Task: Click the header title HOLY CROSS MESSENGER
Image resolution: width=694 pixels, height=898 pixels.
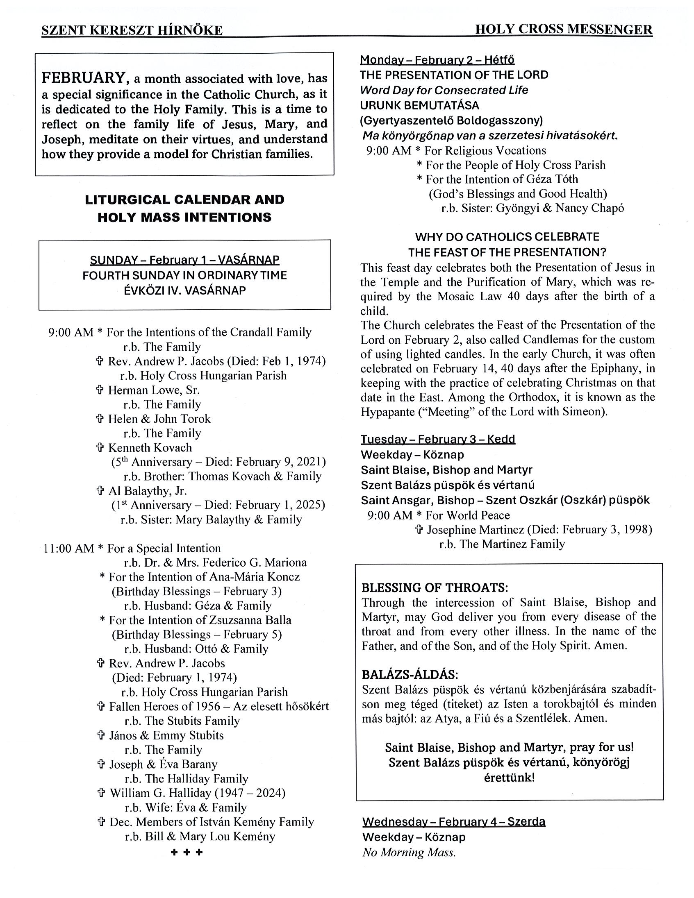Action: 563,29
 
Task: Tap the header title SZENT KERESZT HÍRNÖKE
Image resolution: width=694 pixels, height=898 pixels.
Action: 132,30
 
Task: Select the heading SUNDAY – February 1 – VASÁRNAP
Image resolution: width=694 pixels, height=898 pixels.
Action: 185,260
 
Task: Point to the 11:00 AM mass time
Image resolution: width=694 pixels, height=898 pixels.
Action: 69,548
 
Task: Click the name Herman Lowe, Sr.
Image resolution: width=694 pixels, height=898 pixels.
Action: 153,390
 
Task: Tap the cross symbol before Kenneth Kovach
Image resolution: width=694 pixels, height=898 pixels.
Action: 100,448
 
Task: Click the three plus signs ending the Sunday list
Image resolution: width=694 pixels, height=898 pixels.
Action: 187,853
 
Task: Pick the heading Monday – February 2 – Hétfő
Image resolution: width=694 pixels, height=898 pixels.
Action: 437,60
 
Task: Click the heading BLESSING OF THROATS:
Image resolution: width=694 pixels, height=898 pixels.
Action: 435,587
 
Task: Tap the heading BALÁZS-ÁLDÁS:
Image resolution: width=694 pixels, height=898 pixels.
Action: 410,675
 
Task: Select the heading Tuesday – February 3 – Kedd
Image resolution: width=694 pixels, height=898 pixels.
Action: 438,439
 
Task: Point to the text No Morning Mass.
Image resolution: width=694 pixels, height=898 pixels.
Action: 409,853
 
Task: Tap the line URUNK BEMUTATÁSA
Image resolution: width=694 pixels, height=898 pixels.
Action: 420,105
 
